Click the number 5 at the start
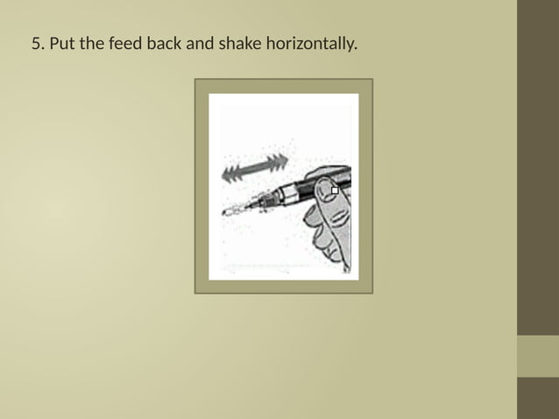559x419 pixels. tap(36, 42)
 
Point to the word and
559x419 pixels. tap(199, 42)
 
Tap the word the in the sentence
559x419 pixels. tap(93, 42)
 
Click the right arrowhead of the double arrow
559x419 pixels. tap(280, 162)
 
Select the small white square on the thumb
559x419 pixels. tap(335, 189)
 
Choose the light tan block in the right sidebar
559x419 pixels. tap(538, 356)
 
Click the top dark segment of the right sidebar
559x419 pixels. tap(538, 167)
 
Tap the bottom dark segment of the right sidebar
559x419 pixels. tap(538, 398)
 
